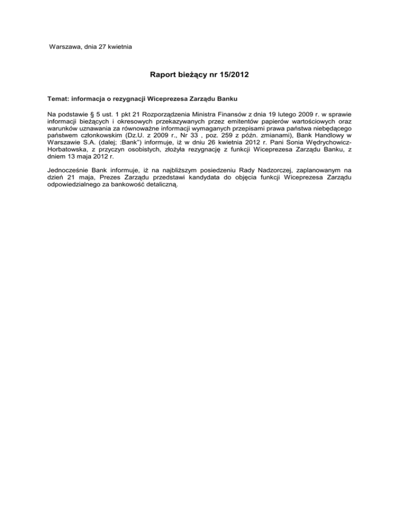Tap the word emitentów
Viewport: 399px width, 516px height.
point(204,121)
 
